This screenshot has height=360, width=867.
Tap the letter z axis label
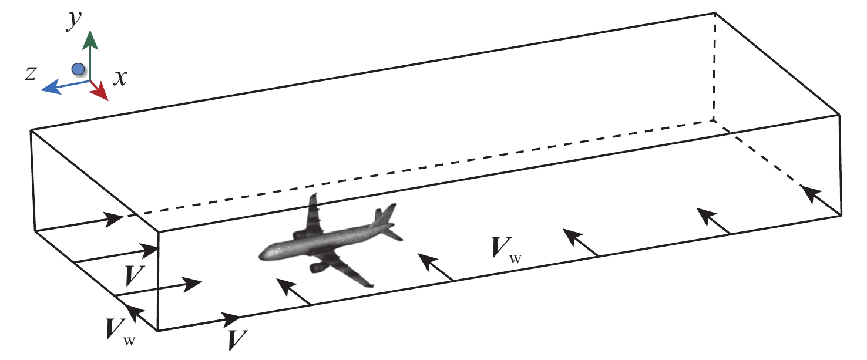[31, 73]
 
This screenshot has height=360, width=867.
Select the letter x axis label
[120, 78]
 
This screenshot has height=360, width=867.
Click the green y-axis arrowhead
[90, 39]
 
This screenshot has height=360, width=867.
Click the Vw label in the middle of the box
[505, 250]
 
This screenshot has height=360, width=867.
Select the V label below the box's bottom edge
[238, 340]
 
